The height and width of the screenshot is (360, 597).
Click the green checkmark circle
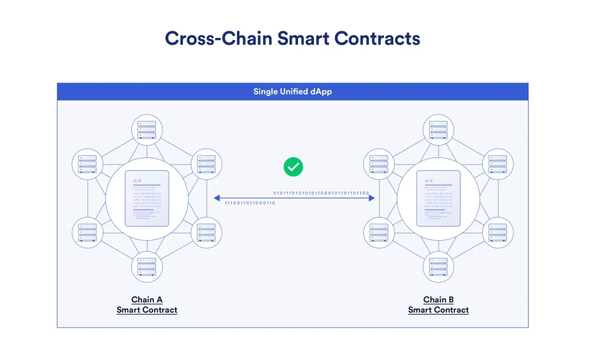[x=293, y=167]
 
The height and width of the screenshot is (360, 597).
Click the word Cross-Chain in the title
[x=218, y=38]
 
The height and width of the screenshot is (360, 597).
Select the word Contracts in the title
[x=377, y=38]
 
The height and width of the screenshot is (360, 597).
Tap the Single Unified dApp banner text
[x=292, y=91]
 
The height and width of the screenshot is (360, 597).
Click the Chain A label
[x=147, y=300]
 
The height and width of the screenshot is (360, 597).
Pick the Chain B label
[x=438, y=300]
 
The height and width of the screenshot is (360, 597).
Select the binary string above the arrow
[x=321, y=193]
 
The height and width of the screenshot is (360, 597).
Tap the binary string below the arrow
[x=250, y=203]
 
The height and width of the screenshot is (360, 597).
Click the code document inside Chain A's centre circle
[x=147, y=199]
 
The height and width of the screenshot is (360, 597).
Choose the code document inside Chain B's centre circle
[x=438, y=199]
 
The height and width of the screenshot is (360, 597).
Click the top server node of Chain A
[x=147, y=129]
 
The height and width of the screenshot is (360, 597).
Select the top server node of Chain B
[x=438, y=129]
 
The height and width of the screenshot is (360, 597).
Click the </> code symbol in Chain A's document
[x=137, y=181]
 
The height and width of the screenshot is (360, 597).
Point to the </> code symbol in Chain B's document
[x=429, y=181]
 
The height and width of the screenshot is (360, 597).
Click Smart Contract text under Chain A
[x=147, y=310]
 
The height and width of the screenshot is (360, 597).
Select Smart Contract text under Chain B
[x=438, y=310]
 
